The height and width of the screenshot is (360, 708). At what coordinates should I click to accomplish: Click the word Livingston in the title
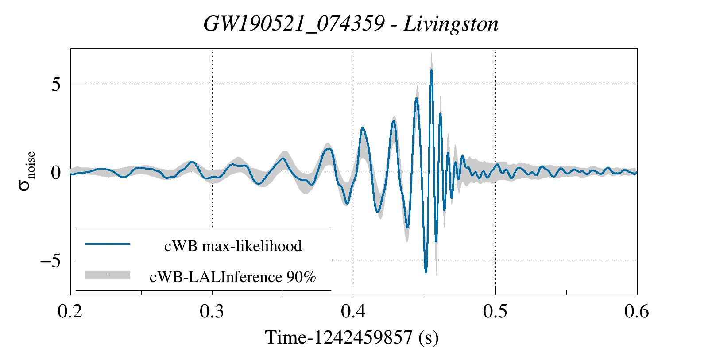[451, 24]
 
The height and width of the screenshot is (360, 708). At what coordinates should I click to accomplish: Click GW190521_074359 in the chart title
[294, 24]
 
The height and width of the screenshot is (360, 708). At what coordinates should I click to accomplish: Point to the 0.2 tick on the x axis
[70, 311]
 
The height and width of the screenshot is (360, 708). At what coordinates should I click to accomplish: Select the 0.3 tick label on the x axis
[212, 311]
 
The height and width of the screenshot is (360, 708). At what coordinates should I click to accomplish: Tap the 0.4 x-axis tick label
[354, 311]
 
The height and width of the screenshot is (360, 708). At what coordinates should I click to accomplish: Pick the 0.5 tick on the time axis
[495, 311]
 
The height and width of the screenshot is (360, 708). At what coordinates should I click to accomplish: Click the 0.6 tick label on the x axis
[637, 311]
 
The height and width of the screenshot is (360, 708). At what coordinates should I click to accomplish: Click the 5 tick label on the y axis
[56, 84]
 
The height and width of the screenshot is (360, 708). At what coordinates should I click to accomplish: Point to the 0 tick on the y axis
[56, 172]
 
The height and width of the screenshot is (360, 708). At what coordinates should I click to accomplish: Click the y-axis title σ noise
[27, 172]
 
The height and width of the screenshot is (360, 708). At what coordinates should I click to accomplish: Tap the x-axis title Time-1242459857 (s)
[352, 337]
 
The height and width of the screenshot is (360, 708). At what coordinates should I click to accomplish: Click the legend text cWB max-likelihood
[233, 246]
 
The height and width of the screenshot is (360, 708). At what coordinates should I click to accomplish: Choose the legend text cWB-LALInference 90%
[233, 277]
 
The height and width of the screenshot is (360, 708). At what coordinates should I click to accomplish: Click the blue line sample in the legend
[108, 244]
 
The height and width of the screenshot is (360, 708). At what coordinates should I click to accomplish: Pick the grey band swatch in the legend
[108, 275]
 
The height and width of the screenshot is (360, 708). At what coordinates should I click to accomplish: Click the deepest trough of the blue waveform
[426, 272]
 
